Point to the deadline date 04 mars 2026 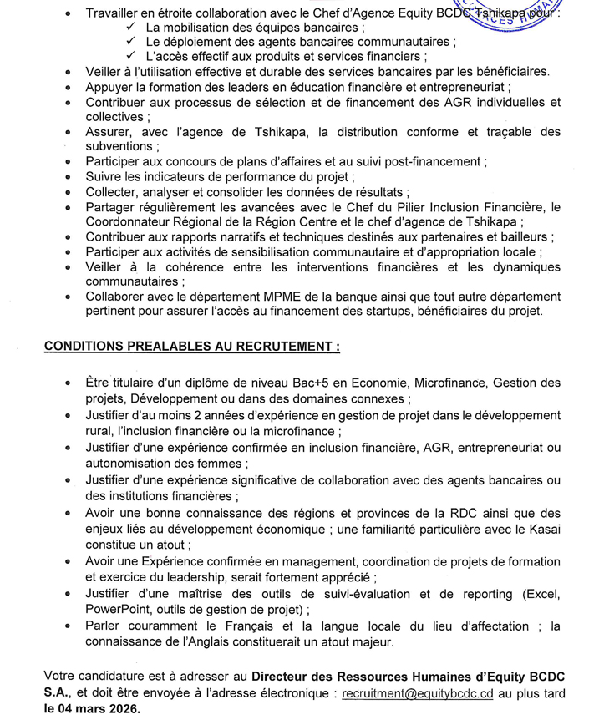[93, 708]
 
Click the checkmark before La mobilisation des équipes [132, 28]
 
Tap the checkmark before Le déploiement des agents [132, 42]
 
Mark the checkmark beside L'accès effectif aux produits [132, 57]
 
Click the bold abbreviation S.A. [58, 693]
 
